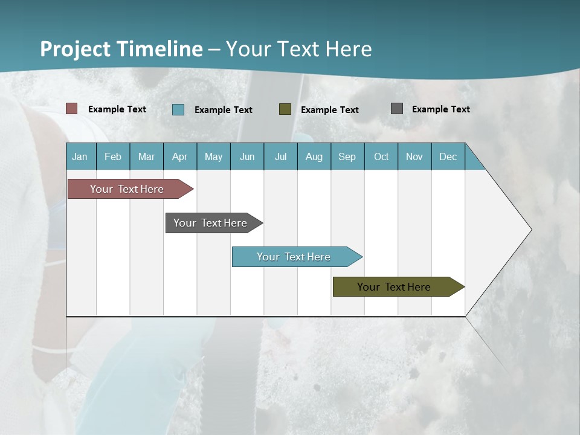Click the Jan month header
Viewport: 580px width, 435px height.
click(x=80, y=157)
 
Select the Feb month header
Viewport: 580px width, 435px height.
click(x=113, y=157)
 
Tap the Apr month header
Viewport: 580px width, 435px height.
click(x=180, y=157)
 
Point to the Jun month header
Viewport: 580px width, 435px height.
click(x=247, y=157)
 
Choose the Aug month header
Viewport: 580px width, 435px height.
click(x=314, y=157)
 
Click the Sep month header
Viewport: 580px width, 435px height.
click(x=347, y=157)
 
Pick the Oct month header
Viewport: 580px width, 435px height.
click(x=381, y=157)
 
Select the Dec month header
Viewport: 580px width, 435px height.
click(x=448, y=157)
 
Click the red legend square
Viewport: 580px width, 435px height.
click(x=72, y=109)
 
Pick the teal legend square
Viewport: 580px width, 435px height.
click(x=178, y=109)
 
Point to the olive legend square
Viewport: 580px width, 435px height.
click(x=285, y=109)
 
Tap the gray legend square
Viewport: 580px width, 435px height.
click(x=397, y=109)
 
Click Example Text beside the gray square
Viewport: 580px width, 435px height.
click(x=440, y=109)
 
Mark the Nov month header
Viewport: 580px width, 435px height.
click(x=414, y=157)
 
